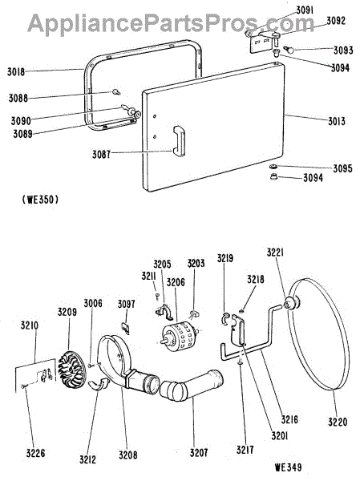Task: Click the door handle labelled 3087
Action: [x=180, y=141]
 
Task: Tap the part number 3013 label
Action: [x=337, y=121]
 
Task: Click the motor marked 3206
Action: [x=179, y=336]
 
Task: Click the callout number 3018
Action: [x=16, y=72]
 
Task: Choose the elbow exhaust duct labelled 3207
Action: [x=192, y=386]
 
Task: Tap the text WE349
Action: [x=288, y=467]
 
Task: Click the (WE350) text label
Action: [x=40, y=200]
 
